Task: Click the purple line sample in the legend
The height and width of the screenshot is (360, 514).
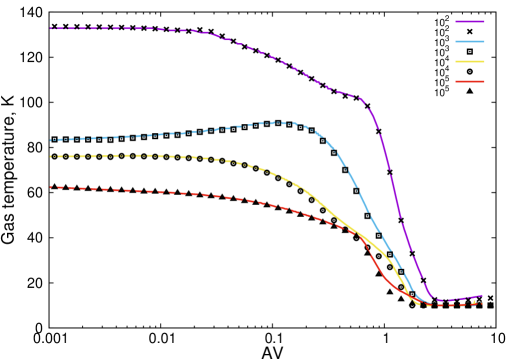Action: pos(470,21)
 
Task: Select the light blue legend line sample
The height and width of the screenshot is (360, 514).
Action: pos(470,41)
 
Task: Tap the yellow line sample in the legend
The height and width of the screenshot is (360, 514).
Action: pos(470,61)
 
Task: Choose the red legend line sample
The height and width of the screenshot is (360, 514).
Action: pos(470,81)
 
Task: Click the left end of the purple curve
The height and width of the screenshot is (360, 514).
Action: pos(50,28)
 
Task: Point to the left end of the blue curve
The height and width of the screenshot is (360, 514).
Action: pos(50,140)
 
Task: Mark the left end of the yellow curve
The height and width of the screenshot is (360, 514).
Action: pos(50,156)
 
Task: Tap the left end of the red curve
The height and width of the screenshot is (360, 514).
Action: pos(50,187)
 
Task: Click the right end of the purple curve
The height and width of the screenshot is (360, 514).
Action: pos(484,295)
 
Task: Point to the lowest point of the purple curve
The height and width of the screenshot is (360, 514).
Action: pos(440,301)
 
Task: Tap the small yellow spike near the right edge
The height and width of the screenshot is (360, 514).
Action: pos(473,299)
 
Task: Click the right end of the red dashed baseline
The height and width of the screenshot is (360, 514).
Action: pos(482,304)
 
